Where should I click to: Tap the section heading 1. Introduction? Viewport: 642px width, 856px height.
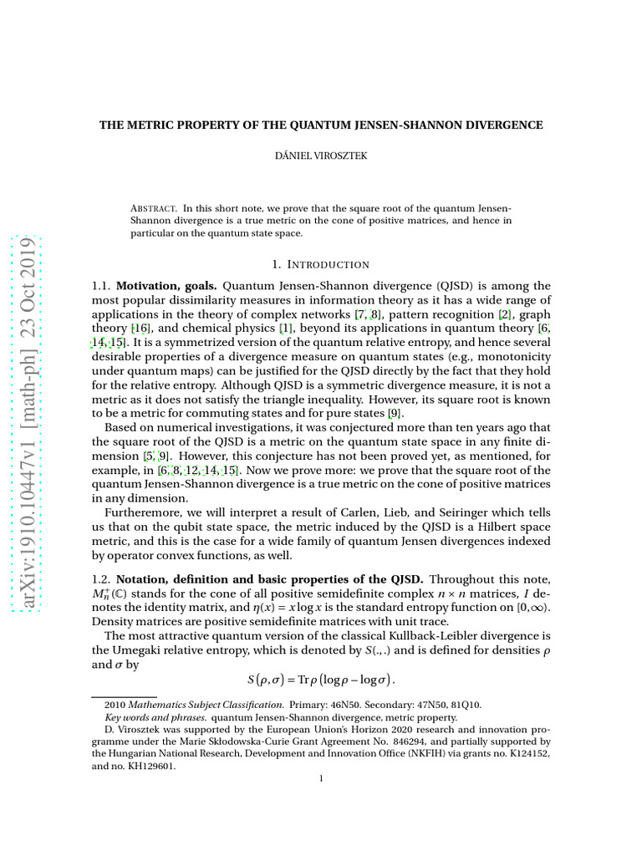click(x=322, y=265)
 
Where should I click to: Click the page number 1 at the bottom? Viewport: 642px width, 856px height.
click(x=322, y=779)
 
